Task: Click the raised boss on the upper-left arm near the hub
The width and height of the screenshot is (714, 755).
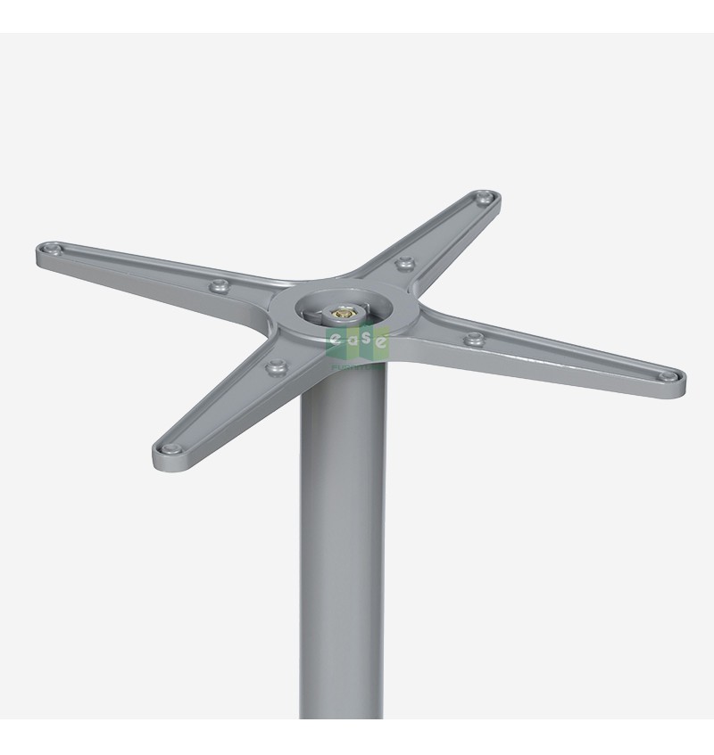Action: (x=218, y=286)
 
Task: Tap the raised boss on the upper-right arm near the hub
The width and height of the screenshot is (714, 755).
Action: (x=406, y=262)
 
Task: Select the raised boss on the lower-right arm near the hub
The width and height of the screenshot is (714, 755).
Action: (x=474, y=338)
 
